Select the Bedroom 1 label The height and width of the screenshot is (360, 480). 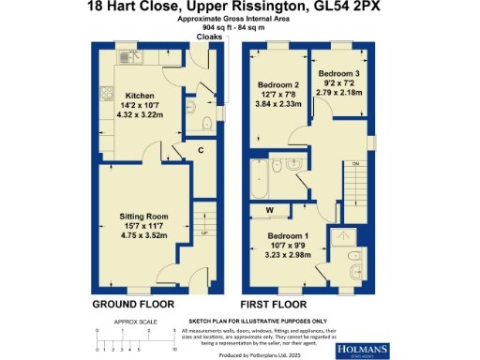coord(288,234)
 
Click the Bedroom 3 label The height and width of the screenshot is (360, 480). coord(337,72)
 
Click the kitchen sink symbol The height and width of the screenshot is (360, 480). coord(130,58)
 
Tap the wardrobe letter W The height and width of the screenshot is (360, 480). coord(270,210)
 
